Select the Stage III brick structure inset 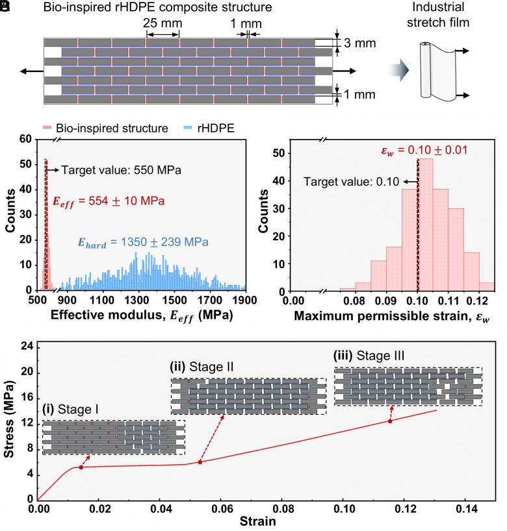click(x=408, y=386)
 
